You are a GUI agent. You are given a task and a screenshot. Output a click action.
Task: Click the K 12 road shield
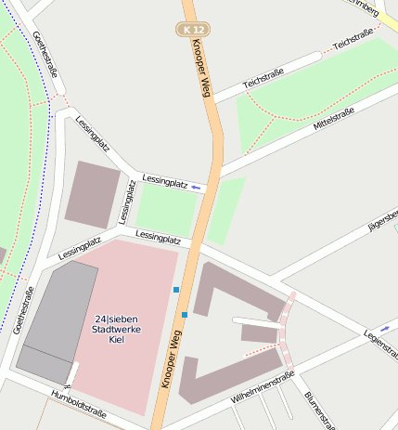(x=193, y=30)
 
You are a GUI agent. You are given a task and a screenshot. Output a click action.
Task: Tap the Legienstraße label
(x=380, y=344)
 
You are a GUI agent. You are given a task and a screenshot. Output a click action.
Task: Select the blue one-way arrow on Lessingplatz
(x=196, y=188)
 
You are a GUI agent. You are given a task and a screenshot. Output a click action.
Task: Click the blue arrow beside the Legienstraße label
(x=384, y=328)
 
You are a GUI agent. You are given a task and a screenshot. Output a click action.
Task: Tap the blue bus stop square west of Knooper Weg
(x=175, y=290)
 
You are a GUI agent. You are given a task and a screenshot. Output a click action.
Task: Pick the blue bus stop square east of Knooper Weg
(x=185, y=315)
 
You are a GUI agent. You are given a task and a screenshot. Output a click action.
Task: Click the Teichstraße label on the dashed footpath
(x=353, y=38)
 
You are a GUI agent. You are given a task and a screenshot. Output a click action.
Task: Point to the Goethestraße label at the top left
(x=45, y=56)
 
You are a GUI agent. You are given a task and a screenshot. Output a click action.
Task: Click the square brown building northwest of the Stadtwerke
(x=93, y=194)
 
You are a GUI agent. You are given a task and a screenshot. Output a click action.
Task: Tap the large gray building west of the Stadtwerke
(x=58, y=321)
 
